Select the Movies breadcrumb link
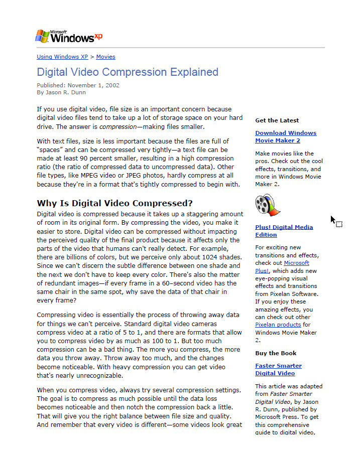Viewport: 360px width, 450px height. point(105,57)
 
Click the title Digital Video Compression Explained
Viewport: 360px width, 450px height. point(128,72)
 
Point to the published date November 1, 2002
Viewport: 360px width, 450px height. point(93,85)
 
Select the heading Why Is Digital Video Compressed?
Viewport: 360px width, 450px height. point(114,203)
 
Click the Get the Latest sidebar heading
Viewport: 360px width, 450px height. point(277,120)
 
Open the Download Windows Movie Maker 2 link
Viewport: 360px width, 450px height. point(285,136)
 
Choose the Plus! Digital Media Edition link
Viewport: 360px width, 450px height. point(284,231)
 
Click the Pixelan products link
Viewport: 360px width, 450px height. point(278,325)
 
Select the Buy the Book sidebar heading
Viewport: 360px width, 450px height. point(276,353)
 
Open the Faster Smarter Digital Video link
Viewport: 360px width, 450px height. point(278,369)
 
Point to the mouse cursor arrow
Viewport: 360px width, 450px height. point(333,220)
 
